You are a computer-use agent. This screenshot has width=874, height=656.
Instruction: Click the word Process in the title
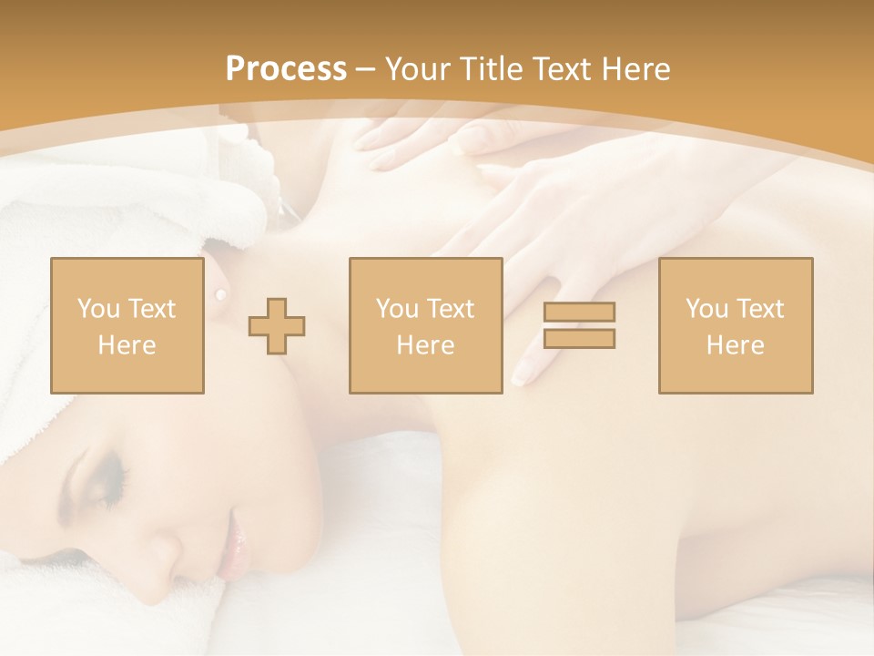286,69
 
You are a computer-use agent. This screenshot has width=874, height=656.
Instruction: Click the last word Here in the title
635,69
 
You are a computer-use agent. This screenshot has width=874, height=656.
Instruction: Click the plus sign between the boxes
277,325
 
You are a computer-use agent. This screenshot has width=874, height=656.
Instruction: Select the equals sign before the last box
579,325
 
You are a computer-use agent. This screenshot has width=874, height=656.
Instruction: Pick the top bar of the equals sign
579,313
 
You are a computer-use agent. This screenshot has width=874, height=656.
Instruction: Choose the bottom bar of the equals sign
579,338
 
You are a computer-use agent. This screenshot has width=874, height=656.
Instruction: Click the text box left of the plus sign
127,325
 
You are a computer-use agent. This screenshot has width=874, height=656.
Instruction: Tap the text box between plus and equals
425,325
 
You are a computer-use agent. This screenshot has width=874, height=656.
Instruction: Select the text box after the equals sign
735,325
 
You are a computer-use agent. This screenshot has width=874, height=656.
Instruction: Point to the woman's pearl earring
219,293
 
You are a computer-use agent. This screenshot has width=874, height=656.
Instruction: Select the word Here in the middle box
425,345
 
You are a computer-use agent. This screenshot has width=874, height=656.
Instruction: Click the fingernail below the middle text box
523,373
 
